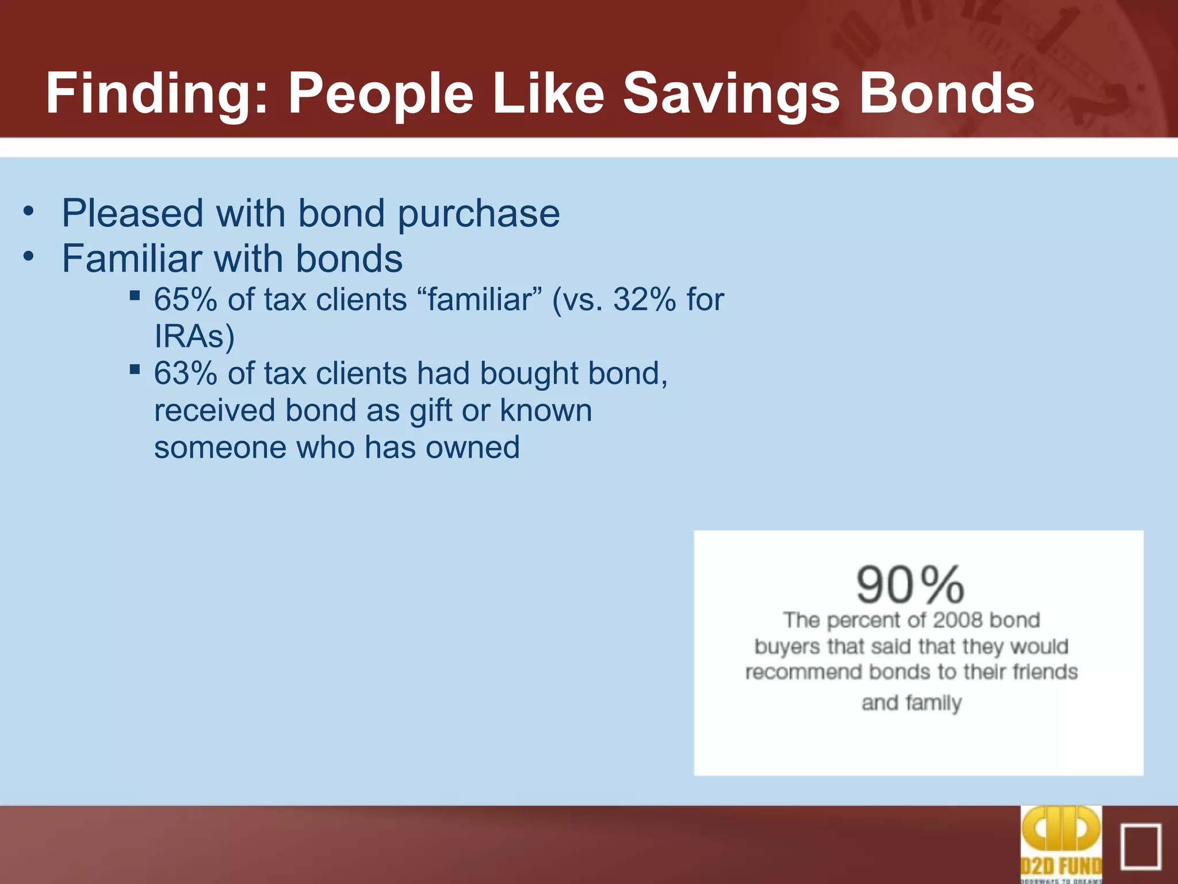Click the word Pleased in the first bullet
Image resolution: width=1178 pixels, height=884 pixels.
click(x=132, y=214)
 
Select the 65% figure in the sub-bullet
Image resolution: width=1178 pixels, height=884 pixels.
click(x=185, y=300)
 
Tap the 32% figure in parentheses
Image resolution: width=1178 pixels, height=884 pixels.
click(x=644, y=300)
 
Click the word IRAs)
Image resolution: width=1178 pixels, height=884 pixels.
click(x=194, y=337)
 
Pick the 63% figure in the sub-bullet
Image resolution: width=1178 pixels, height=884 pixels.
click(x=185, y=374)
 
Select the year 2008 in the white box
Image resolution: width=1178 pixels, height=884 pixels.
click(x=958, y=620)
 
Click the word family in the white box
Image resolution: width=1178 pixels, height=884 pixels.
click(x=933, y=703)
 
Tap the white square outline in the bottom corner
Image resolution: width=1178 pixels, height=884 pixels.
click(x=1141, y=847)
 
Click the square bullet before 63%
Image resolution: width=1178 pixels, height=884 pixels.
click(x=135, y=369)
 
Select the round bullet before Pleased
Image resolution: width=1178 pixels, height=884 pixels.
click(x=29, y=211)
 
